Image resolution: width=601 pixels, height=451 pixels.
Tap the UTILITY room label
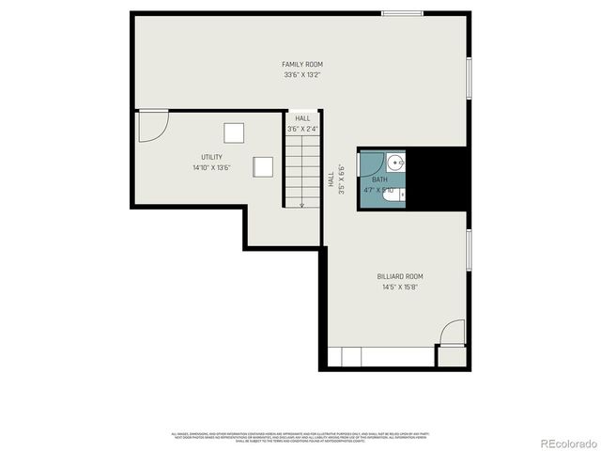click(x=211, y=157)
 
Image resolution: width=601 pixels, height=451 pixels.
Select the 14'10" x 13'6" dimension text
click(x=211, y=167)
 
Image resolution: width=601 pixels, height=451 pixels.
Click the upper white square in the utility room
click(x=233, y=132)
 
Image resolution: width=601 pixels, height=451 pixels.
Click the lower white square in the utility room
click(x=264, y=165)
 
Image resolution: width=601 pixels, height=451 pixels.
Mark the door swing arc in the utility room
click(x=154, y=126)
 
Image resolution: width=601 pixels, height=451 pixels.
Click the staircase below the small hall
click(x=302, y=169)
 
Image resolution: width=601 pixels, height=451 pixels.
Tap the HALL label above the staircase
click(x=302, y=118)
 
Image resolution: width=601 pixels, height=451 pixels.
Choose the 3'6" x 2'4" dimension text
click(x=302, y=129)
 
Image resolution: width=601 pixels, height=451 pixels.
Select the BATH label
click(x=379, y=179)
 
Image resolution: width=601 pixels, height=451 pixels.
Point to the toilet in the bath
click(x=400, y=195)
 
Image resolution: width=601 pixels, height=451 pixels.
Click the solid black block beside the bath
click(x=439, y=179)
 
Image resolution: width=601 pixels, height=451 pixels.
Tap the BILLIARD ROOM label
click(x=400, y=276)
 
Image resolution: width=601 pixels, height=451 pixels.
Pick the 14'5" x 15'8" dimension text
click(x=400, y=287)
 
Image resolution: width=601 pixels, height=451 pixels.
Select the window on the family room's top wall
click(x=401, y=12)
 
